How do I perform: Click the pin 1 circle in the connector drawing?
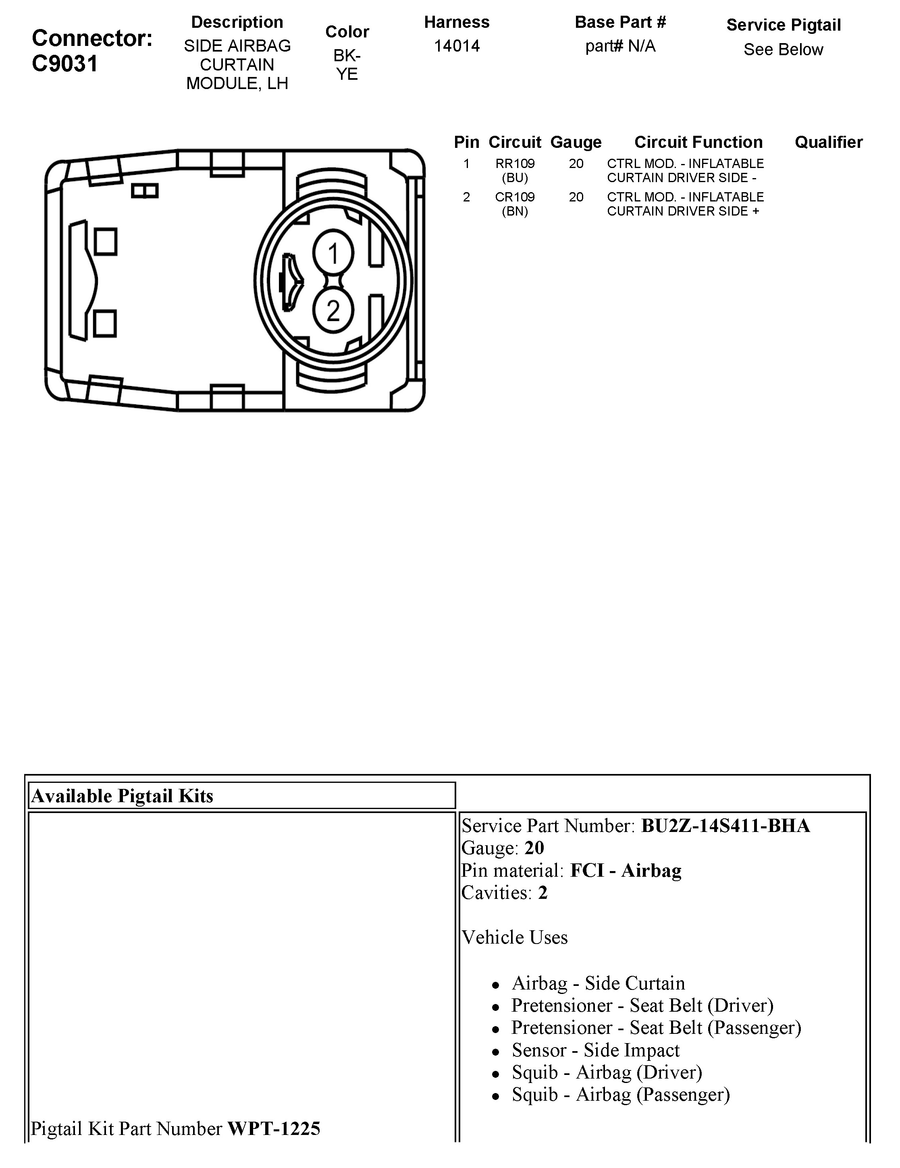tap(333, 253)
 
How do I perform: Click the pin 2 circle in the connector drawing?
tap(333, 311)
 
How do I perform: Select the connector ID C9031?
tap(65, 64)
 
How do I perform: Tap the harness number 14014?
tap(456, 46)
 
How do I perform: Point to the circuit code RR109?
tap(515, 164)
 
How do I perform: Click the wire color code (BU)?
tap(515, 178)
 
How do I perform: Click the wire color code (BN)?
tap(515, 211)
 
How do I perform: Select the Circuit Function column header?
tap(698, 142)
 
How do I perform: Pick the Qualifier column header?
tap(828, 142)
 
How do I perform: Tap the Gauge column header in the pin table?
tap(576, 142)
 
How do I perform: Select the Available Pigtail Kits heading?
tap(123, 796)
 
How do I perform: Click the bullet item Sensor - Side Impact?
tap(596, 1050)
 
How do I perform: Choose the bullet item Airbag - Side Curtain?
tap(598, 983)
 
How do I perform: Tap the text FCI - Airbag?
tap(626, 871)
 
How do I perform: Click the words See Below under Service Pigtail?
tap(783, 50)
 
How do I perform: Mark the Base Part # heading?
tap(620, 23)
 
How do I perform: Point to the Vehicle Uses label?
tap(515, 938)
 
